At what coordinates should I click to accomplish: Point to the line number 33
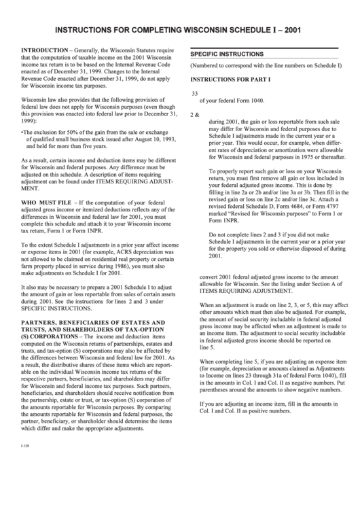(x=195, y=94)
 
